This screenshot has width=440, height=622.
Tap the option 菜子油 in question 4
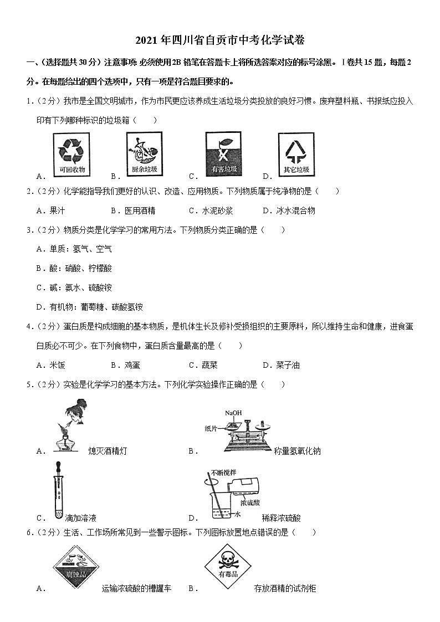pos(288,365)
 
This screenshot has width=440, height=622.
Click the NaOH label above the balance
pos(233,413)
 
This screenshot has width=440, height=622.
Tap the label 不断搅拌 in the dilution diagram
pos(223,473)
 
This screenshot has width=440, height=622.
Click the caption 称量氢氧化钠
pos(297,451)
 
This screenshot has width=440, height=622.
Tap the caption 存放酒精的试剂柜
pos(284,588)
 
